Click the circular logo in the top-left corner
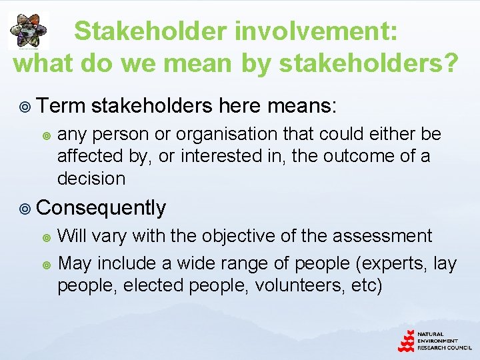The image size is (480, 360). [x=28, y=31]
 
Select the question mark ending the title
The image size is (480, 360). [x=451, y=63]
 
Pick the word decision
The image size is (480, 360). [x=91, y=179]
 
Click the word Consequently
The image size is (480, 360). [x=101, y=208]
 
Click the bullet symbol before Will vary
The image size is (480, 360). [x=46, y=237]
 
